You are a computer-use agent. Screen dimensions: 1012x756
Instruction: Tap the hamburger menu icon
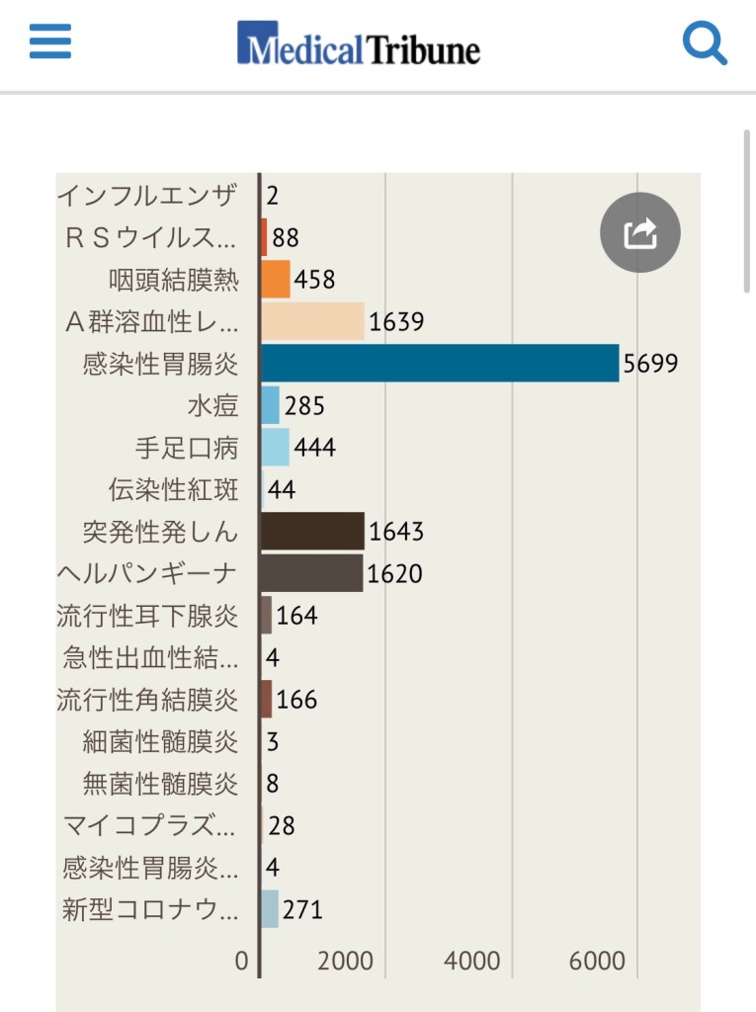coord(50,42)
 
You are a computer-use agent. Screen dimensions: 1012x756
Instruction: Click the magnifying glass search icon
coord(705,43)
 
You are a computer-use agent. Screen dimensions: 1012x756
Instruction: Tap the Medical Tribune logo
coord(358,45)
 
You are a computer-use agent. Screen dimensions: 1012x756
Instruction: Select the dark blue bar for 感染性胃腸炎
coord(440,364)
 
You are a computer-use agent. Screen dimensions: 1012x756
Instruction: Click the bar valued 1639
coord(312,321)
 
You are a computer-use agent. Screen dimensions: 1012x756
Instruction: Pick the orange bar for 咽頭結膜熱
coord(276,280)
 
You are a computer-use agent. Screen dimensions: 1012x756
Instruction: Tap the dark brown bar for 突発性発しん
coord(312,532)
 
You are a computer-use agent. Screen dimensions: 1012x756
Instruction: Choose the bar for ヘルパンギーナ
coord(311,573)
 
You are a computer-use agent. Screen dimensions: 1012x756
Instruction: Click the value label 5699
coord(650,364)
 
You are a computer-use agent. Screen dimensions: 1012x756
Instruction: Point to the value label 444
coord(314,448)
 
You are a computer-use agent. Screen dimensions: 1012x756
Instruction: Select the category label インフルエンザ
coord(147,196)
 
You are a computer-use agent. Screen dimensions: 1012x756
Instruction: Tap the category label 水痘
coord(212,406)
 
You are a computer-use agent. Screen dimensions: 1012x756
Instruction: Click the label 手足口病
coord(187,448)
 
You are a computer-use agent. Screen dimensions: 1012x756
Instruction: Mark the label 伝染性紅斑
coord(174,490)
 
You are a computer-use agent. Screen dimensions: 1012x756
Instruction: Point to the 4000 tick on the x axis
coord(472,961)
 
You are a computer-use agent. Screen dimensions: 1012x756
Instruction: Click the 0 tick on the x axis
coord(242,961)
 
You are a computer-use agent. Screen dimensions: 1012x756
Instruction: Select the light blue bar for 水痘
coord(270,405)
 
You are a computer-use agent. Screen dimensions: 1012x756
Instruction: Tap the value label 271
coord(302,909)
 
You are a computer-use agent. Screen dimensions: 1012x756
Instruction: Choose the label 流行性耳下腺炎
coord(148,616)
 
